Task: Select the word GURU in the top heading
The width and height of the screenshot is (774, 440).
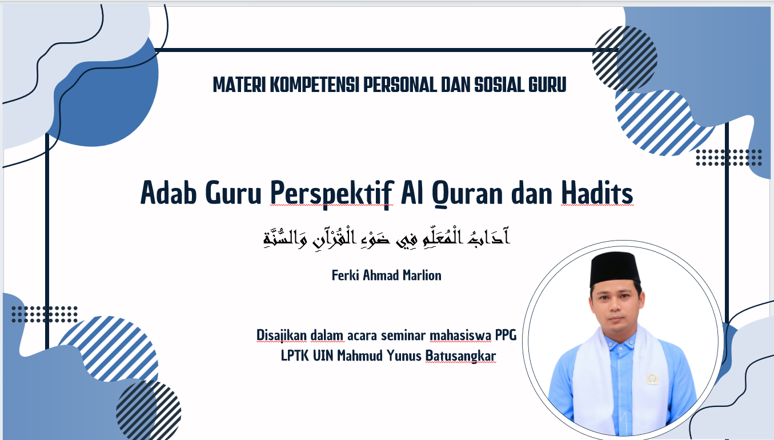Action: (x=547, y=85)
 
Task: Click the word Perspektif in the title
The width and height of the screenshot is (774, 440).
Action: (x=332, y=194)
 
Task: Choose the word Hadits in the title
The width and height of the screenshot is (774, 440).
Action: (x=597, y=193)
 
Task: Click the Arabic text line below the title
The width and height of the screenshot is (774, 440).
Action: (x=386, y=238)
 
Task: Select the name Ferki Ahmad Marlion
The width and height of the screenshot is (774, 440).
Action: (x=386, y=275)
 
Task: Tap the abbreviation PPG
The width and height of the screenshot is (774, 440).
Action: (x=506, y=335)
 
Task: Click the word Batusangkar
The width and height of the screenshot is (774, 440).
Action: (x=460, y=355)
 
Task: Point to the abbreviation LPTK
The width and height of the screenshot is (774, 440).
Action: (x=295, y=355)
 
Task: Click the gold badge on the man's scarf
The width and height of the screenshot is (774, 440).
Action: (x=652, y=379)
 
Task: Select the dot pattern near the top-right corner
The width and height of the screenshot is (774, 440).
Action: (x=729, y=157)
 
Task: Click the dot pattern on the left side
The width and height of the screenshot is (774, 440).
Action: (x=44, y=314)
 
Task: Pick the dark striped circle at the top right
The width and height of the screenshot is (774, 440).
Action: (x=624, y=58)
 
